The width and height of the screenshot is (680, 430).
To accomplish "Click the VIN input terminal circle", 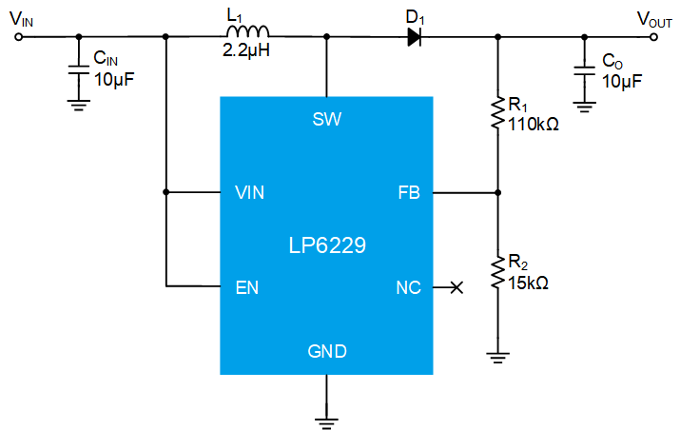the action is click(18, 37).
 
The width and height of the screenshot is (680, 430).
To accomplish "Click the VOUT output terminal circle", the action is click(654, 37).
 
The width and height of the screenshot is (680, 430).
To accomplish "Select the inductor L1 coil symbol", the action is click(247, 31).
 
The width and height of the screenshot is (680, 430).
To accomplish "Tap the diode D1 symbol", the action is click(414, 37).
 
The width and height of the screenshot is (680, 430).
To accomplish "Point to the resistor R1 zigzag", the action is click(497, 113).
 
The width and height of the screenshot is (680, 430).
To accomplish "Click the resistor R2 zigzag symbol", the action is click(497, 272).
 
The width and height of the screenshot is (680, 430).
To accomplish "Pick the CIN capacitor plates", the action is click(79, 69).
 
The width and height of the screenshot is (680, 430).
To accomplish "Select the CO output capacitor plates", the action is click(584, 71).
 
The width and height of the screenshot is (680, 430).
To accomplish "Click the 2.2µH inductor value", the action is click(246, 50).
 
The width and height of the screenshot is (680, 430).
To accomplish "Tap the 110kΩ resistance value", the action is click(533, 125).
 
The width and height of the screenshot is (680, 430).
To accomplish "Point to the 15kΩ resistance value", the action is click(528, 283).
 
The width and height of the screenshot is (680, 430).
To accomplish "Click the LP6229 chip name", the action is click(327, 245).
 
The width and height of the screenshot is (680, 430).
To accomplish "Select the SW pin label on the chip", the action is click(327, 119).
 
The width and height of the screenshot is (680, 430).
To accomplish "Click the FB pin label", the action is click(409, 193).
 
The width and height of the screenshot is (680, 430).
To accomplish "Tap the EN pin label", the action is click(246, 287).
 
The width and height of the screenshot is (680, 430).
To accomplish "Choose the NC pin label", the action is click(409, 287).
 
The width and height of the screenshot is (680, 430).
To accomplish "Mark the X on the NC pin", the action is click(457, 287).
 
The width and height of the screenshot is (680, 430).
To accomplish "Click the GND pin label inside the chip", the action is click(327, 351).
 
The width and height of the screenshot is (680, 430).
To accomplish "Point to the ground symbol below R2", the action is click(497, 358).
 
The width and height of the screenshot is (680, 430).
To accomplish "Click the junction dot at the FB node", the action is click(497, 192).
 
